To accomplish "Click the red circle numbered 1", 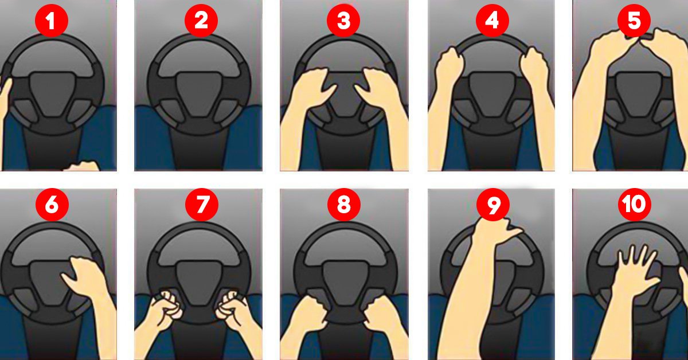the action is tap(52, 21).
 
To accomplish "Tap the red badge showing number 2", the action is tap(201, 21).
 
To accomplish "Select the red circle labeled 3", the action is tap(343, 21).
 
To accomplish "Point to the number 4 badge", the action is tap(492, 21).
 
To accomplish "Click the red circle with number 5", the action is tap(634, 21).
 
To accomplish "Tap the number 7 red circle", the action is tap(201, 205).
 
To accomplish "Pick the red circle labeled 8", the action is tap(343, 205).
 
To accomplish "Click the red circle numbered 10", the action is tap(635, 205).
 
